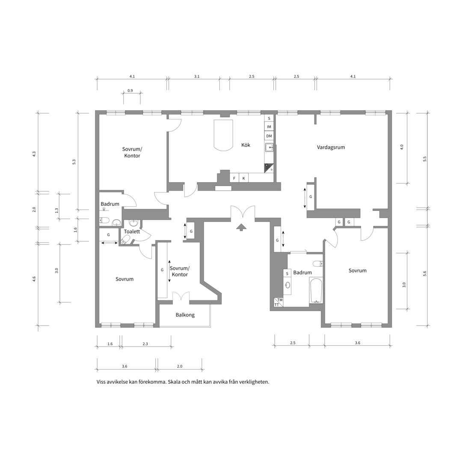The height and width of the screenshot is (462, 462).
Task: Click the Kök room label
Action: pyautogui.click(x=246, y=145)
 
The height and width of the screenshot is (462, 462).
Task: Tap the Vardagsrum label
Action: pyautogui.click(x=331, y=147)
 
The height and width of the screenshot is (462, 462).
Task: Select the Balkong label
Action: pyautogui.click(x=185, y=315)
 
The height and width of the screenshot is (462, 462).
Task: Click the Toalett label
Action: pyautogui.click(x=132, y=231)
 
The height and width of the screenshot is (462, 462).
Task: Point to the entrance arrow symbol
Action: pyautogui.click(x=241, y=227)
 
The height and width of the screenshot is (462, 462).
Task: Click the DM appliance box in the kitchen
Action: pyautogui.click(x=269, y=136)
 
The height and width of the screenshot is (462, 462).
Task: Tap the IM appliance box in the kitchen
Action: pyautogui.click(x=269, y=127)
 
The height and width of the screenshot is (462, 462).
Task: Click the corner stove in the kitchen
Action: pyautogui.click(x=269, y=168)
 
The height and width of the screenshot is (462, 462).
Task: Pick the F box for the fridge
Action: pyautogui.click(x=234, y=178)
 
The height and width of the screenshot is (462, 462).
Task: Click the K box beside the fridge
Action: pyautogui.click(x=244, y=178)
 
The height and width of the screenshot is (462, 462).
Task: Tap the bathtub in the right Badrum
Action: pyautogui.click(x=316, y=290)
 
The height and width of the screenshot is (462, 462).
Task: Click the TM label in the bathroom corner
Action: pyautogui.click(x=280, y=300)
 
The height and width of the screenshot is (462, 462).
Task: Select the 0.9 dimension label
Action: pyautogui.click(x=130, y=90)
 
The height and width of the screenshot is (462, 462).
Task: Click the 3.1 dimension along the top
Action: pyautogui.click(x=196, y=76)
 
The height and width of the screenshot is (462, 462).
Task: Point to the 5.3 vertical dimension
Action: pyautogui.click(x=74, y=162)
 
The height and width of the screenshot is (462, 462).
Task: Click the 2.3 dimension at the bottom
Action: pyautogui.click(x=145, y=344)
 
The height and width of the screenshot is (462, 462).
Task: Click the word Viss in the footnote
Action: pyautogui.click(x=101, y=382)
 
